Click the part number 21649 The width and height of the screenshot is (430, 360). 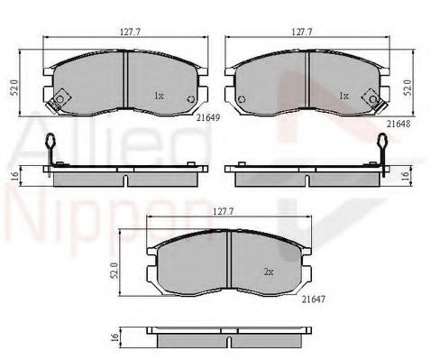pyautogui.click(x=208, y=117)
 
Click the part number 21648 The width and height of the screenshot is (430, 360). pyautogui.click(x=398, y=124)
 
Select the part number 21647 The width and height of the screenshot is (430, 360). pyautogui.click(x=314, y=299)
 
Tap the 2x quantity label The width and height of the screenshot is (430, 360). pyautogui.click(x=269, y=272)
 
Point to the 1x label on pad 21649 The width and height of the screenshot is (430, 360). pyautogui.click(x=159, y=96)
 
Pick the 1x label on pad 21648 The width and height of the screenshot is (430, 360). pyautogui.click(x=343, y=96)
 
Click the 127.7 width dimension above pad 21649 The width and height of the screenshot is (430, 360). pyautogui.click(x=131, y=32)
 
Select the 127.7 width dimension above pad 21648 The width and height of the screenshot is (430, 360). pyautogui.click(x=302, y=32)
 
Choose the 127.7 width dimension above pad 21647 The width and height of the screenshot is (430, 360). pyautogui.click(x=224, y=211)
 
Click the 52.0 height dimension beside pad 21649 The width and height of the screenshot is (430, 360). pyautogui.click(x=14, y=88)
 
